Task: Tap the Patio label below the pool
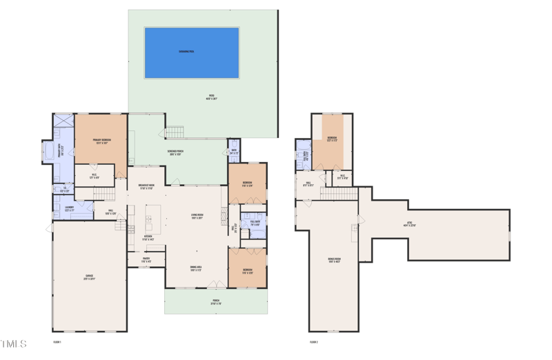click(212, 97)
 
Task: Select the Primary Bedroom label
click(101, 141)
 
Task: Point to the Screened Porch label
click(175, 152)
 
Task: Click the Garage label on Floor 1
click(90, 278)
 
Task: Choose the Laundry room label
click(69, 209)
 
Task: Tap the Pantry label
click(146, 261)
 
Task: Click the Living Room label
click(197, 217)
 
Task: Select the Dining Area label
click(196, 268)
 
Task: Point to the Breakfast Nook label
click(146, 187)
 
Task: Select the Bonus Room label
click(334, 260)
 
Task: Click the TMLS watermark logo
click(14, 343)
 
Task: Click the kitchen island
click(153, 219)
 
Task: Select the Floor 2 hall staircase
click(339, 195)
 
